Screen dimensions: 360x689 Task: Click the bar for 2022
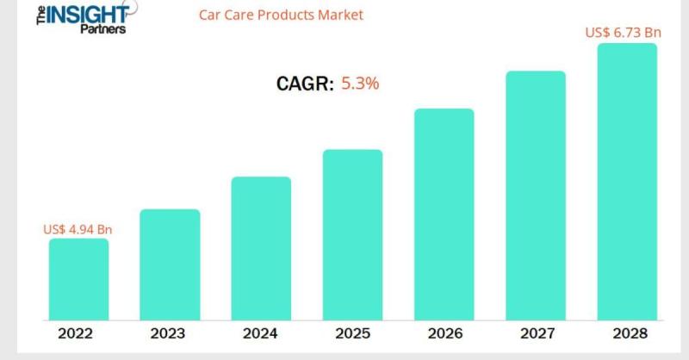tap(78, 279)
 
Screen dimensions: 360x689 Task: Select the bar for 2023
tap(170, 264)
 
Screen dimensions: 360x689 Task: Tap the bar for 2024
tap(261, 248)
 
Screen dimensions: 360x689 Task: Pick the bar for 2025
tap(352, 234)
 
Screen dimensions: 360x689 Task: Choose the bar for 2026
tap(444, 214)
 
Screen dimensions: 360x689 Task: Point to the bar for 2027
tap(535, 196)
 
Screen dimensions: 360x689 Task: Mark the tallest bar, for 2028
tap(626, 182)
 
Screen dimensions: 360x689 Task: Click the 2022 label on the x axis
tap(76, 334)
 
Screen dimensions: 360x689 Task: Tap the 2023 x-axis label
tap(168, 334)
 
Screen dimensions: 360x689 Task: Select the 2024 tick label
tap(260, 334)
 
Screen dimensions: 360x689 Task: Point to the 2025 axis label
tap(352, 334)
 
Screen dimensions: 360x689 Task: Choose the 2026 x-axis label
tap(444, 334)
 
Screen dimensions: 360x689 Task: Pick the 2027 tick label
tap(535, 334)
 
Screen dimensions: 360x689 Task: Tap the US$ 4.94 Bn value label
tap(78, 229)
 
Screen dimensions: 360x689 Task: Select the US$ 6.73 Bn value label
tap(623, 33)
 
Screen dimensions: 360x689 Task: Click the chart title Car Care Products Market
tap(281, 15)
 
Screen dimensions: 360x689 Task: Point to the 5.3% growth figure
tap(361, 84)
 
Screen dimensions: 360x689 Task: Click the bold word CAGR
tap(304, 84)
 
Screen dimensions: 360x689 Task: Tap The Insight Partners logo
tap(81, 17)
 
